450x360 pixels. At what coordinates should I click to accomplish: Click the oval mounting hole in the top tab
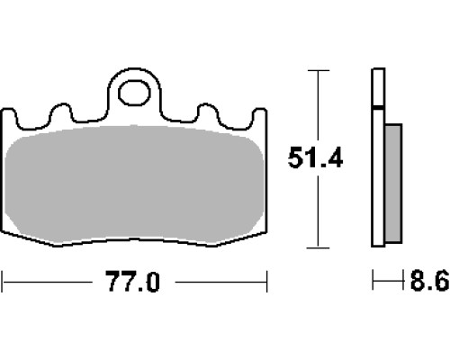coord(134,93)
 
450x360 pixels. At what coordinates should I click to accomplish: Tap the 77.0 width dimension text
coord(133,282)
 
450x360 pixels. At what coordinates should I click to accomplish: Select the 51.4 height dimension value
coord(315,157)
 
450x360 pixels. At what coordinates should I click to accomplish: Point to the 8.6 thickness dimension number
coord(429,280)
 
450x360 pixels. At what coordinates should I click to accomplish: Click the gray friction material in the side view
coord(393,183)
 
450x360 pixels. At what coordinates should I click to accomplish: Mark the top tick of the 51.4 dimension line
coord(319,70)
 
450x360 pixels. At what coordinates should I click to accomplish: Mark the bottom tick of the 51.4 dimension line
coord(318,247)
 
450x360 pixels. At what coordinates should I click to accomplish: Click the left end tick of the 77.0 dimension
coord(3,282)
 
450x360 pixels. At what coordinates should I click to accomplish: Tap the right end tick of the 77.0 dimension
coord(266,282)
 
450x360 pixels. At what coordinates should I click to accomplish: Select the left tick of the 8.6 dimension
coord(373,280)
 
